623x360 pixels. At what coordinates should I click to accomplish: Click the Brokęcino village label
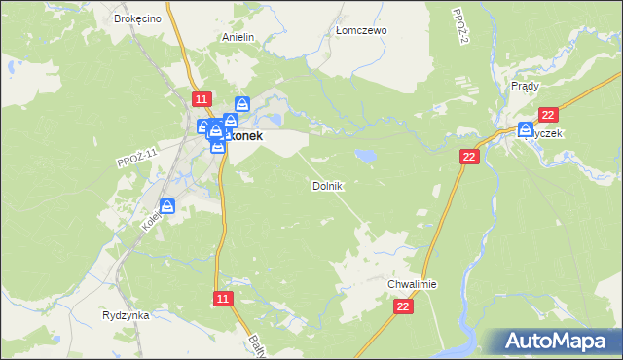(x=135, y=18)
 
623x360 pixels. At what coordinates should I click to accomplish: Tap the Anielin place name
(x=238, y=37)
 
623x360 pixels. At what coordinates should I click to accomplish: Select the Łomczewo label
(x=361, y=30)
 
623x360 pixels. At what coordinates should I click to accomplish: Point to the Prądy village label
(x=525, y=86)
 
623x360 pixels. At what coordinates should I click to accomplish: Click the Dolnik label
(x=327, y=185)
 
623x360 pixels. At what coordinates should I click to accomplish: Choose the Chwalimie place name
(x=413, y=284)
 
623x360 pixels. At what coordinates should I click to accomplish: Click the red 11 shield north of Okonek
(x=201, y=99)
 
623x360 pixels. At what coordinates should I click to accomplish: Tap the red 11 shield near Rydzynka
(x=223, y=299)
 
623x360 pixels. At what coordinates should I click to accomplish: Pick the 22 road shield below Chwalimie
(x=404, y=306)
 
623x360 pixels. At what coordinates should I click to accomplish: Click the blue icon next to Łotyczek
(x=527, y=129)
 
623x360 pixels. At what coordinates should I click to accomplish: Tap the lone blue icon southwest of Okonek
(x=167, y=206)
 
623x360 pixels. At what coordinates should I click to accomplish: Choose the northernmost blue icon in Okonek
(x=242, y=104)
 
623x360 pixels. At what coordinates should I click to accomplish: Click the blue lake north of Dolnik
(x=365, y=155)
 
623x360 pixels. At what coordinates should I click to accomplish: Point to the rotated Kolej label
(x=152, y=221)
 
